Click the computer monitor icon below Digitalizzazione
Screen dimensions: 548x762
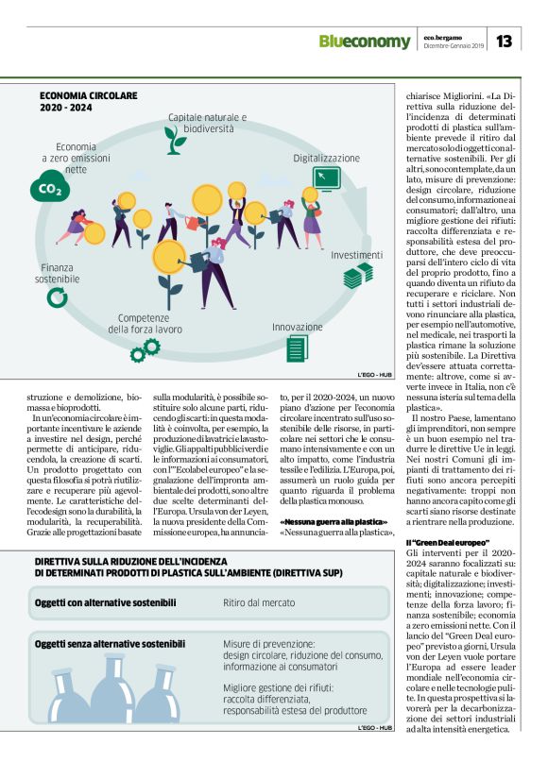click(328, 177)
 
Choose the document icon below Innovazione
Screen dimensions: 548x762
click(298, 347)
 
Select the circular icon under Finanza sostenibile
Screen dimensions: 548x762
click(58, 299)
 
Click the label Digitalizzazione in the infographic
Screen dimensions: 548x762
click(326, 158)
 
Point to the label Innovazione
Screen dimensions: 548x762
click(297, 327)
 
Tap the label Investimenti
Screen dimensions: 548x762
click(357, 255)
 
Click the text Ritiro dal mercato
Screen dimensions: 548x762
click(259, 601)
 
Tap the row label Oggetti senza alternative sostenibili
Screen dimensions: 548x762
click(110, 644)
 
